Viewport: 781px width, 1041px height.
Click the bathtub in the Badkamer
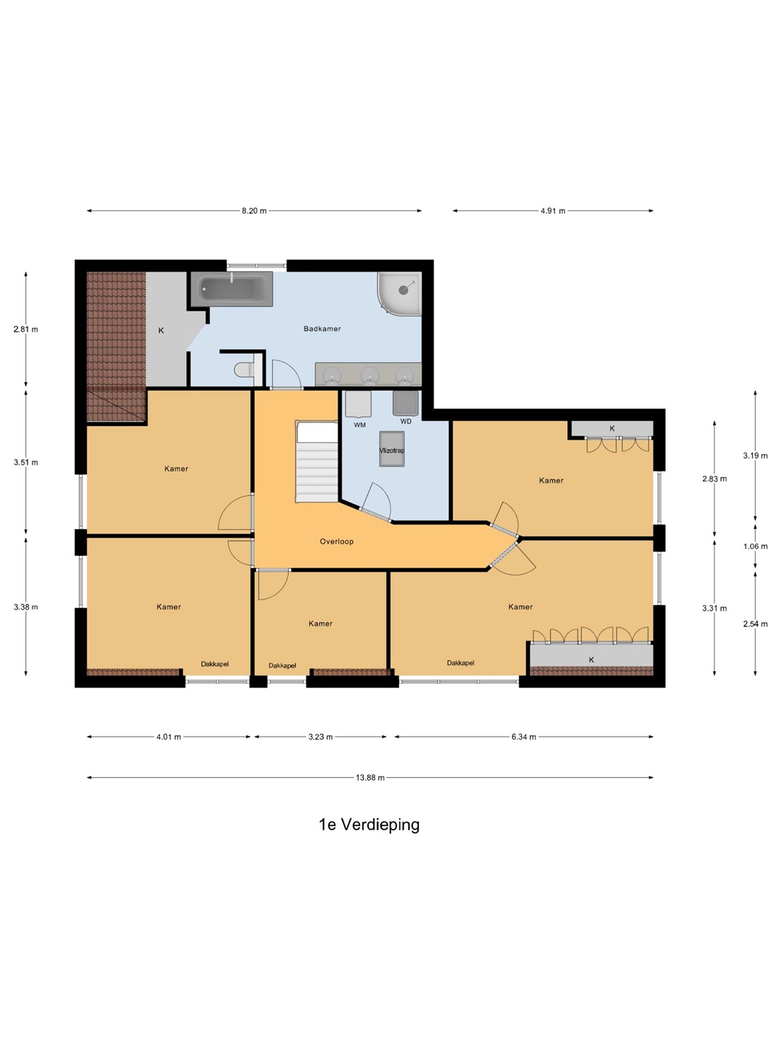pyautogui.click(x=232, y=289)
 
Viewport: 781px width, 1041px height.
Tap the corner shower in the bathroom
pyautogui.click(x=399, y=294)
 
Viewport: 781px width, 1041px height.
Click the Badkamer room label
pyautogui.click(x=322, y=329)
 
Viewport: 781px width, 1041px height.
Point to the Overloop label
pyautogui.click(x=337, y=541)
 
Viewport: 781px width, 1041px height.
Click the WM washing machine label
pyautogui.click(x=359, y=425)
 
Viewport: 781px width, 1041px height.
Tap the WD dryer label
pyautogui.click(x=406, y=421)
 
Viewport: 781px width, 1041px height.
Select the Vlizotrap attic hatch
pyautogui.click(x=392, y=449)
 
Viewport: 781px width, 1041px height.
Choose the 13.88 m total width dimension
pyautogui.click(x=370, y=777)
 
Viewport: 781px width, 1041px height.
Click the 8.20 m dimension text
pyautogui.click(x=254, y=211)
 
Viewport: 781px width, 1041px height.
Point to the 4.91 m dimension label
pyautogui.click(x=553, y=211)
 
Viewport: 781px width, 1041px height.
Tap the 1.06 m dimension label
pyautogui.click(x=755, y=547)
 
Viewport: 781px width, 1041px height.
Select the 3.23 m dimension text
pyautogui.click(x=320, y=737)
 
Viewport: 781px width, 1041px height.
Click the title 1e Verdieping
pyautogui.click(x=369, y=825)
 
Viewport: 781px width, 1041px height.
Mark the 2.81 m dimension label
pyautogui.click(x=25, y=329)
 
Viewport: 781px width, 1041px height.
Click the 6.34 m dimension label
pyautogui.click(x=524, y=737)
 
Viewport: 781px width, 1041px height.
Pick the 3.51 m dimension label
pyautogui.click(x=25, y=463)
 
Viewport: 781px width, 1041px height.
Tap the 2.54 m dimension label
pyautogui.click(x=755, y=624)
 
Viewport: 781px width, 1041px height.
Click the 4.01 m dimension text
pyautogui.click(x=168, y=737)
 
